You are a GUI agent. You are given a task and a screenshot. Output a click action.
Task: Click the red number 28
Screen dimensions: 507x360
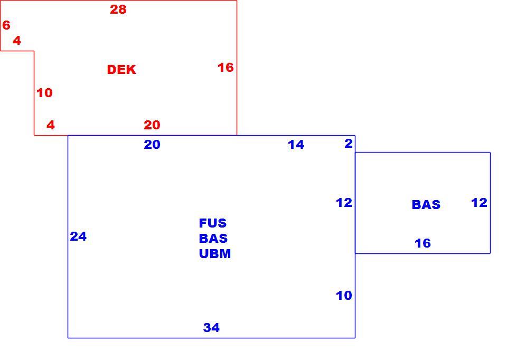click(118, 10)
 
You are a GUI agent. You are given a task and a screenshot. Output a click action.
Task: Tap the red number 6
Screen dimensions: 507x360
click(6, 25)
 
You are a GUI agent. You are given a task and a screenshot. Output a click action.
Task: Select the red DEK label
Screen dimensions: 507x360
click(121, 70)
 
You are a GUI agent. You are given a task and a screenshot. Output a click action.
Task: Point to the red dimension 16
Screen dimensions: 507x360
click(226, 68)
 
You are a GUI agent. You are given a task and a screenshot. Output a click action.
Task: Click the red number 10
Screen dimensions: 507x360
click(44, 93)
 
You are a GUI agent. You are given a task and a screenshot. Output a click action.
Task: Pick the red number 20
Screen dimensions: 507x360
click(152, 125)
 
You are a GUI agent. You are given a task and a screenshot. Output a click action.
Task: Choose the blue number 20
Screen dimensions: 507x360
click(152, 145)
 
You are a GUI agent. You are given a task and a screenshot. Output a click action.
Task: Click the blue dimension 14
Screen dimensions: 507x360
click(296, 145)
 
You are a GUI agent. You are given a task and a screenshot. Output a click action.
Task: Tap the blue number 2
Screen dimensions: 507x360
click(348, 143)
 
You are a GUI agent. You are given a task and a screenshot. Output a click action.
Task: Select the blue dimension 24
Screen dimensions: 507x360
click(78, 236)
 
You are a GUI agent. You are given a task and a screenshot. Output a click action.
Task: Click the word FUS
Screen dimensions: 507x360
click(213, 223)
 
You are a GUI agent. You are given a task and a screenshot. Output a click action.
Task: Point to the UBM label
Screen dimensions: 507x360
click(215, 254)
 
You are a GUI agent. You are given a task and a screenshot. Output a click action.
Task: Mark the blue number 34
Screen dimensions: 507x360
click(211, 327)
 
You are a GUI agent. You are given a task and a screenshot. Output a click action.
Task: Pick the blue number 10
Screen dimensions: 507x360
click(344, 295)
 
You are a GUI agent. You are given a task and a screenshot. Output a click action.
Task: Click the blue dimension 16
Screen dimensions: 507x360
click(422, 243)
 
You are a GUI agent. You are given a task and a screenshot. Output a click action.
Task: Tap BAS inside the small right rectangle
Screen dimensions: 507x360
click(426, 205)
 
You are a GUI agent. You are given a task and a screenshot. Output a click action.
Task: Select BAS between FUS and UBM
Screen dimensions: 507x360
click(213, 238)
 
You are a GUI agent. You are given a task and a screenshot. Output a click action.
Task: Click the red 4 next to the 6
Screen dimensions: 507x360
click(17, 41)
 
